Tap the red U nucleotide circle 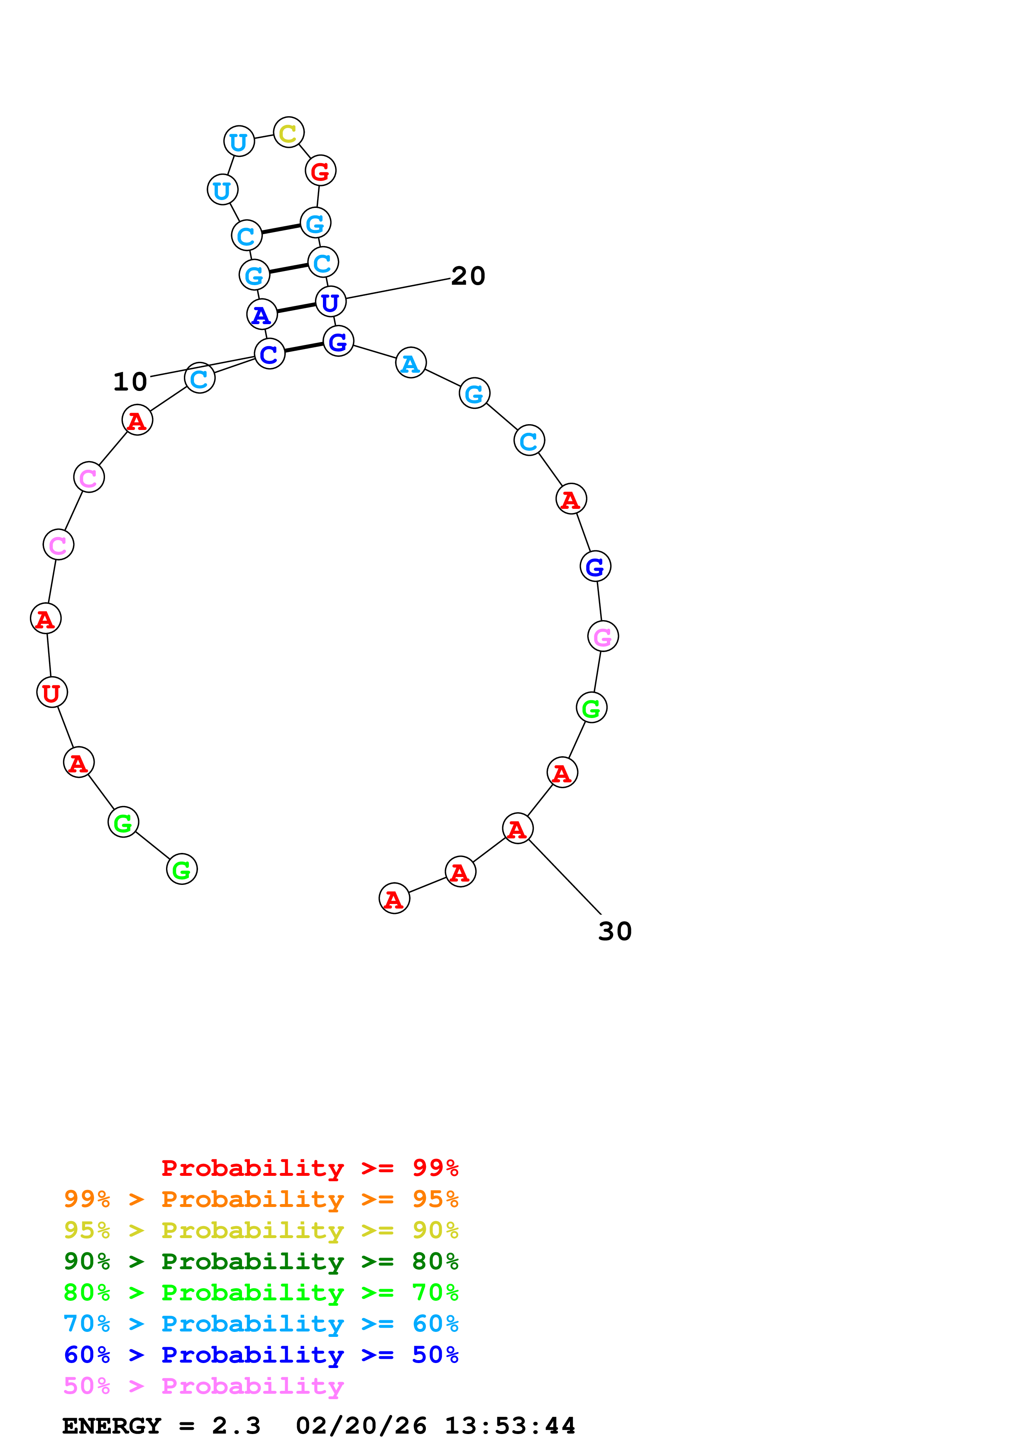click(52, 692)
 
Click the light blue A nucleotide click(411, 363)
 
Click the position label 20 click(468, 276)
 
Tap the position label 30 click(614, 931)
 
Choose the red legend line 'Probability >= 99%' click(309, 1168)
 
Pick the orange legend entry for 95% click(261, 1199)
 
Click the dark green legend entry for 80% click(261, 1261)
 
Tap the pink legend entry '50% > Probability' click(203, 1385)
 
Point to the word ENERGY click(112, 1426)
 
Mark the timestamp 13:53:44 click(510, 1426)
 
